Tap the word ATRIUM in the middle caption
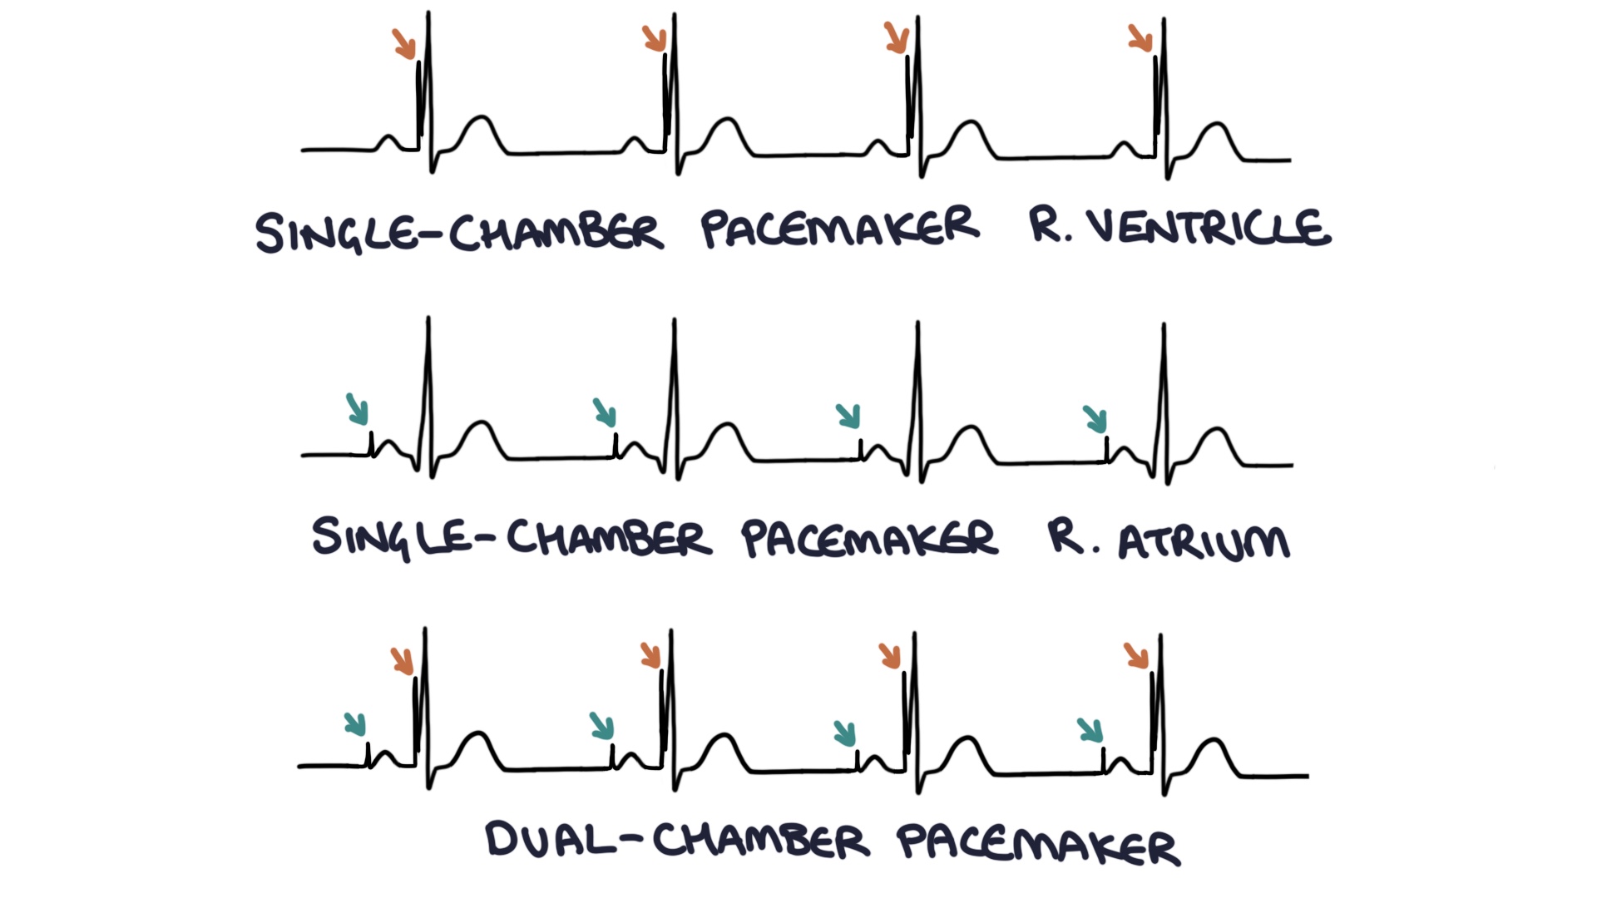point(1204,541)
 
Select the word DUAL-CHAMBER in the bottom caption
point(677,840)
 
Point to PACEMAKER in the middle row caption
point(868,539)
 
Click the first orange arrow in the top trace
point(404,44)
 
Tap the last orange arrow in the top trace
point(1140,38)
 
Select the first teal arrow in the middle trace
point(358,409)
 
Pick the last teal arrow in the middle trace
point(1095,419)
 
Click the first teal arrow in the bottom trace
point(355,724)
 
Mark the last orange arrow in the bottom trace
point(1136,655)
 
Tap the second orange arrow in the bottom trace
point(651,655)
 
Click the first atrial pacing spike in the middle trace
point(371,443)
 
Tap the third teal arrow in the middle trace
point(848,416)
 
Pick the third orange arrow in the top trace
point(897,37)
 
